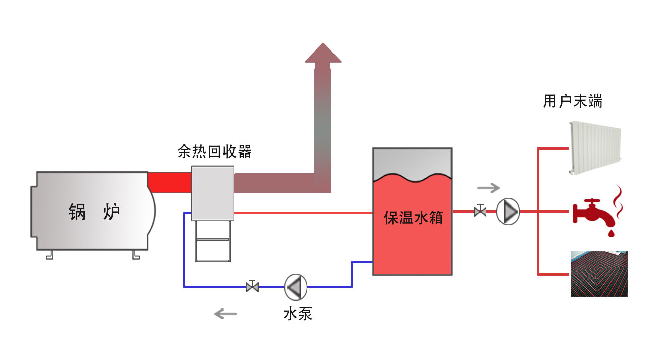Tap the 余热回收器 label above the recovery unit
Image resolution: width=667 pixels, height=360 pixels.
(x=214, y=151)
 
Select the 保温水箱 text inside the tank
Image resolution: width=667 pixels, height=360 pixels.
(x=413, y=218)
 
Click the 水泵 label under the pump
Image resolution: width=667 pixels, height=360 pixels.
(x=298, y=314)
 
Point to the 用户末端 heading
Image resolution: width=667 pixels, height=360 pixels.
(x=573, y=101)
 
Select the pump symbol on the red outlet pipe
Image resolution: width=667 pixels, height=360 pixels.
(x=508, y=212)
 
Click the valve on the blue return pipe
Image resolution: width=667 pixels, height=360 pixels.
(x=252, y=286)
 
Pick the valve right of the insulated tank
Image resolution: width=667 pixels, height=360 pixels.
(x=480, y=211)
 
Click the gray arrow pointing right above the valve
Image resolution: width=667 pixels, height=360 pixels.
(x=488, y=188)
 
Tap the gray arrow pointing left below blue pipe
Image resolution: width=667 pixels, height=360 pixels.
(x=226, y=314)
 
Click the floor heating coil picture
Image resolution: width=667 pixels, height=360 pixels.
(x=599, y=274)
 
